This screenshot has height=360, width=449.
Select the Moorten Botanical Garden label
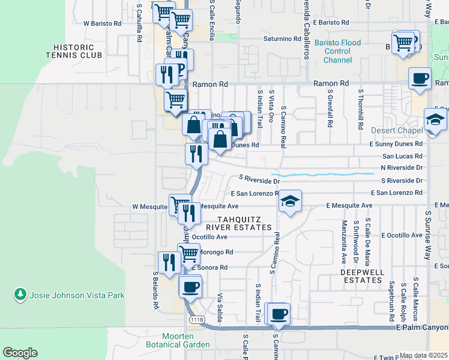(x=178, y=340)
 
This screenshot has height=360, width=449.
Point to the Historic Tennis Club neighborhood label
(x=70, y=51)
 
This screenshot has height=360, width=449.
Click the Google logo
(x=20, y=353)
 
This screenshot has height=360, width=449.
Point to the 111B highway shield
(x=196, y=320)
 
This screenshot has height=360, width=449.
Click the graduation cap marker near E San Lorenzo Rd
(x=290, y=201)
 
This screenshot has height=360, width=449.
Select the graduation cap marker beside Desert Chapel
(x=435, y=119)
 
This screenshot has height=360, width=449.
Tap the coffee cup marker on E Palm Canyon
(x=279, y=313)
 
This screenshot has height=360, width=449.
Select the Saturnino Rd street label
(x=282, y=39)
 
